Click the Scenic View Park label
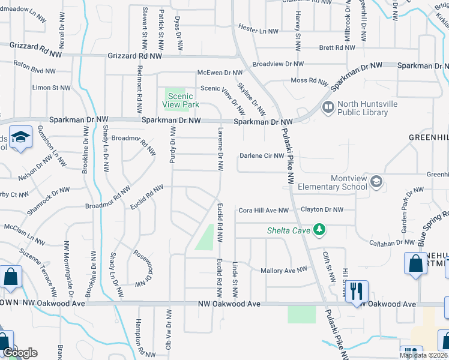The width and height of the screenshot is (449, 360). tap(180, 100)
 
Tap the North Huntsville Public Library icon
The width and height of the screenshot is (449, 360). tap(328, 108)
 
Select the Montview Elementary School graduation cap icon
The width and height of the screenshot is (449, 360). tap(376, 181)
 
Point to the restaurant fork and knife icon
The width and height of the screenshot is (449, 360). tap(357, 291)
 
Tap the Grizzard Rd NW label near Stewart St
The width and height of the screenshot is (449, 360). tap(136, 56)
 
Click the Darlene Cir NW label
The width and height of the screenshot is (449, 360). tap(262, 156)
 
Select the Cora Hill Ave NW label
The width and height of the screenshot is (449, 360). tap(264, 211)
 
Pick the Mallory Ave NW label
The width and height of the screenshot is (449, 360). tap(283, 271)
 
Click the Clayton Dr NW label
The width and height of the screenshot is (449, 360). tap(322, 210)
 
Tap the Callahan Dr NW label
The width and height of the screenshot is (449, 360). tap(393, 243)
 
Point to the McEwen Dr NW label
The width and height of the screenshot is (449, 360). tap(220, 73)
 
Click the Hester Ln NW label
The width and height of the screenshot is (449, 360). tap(258, 30)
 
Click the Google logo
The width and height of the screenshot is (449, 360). tap(20, 353)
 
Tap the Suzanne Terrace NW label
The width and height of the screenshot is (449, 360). tap(38, 268)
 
